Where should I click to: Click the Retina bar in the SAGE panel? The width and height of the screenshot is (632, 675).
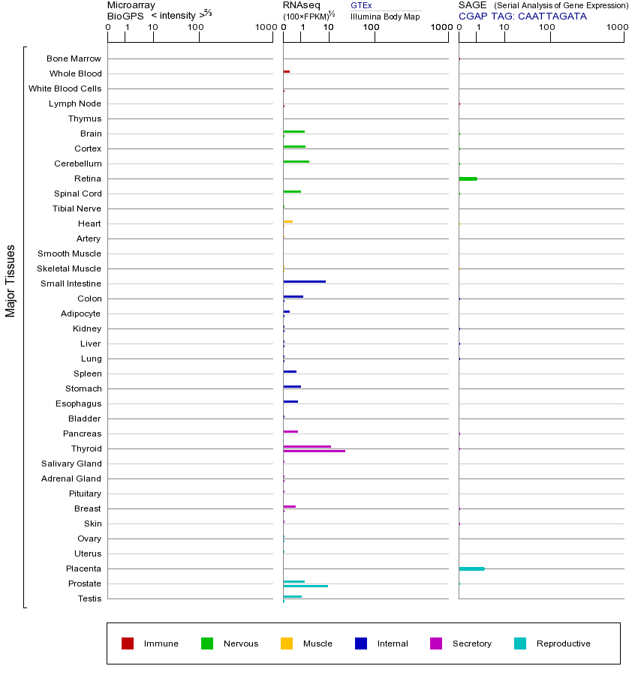[x=468, y=178]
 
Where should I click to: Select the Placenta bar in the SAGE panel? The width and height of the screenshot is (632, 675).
[x=471, y=568]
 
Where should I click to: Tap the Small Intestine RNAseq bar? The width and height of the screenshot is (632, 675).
[x=304, y=281]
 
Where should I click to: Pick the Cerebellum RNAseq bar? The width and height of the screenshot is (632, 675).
[x=296, y=161]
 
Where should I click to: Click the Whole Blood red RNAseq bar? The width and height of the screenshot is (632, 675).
[x=286, y=71]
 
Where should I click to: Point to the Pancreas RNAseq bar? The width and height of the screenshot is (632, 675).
[x=290, y=431]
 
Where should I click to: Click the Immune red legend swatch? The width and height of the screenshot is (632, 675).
[x=128, y=643]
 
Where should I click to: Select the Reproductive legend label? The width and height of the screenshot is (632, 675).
[x=563, y=643]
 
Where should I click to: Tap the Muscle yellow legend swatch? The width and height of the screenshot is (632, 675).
[x=287, y=643]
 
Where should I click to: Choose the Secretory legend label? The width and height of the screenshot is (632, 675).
[x=471, y=643]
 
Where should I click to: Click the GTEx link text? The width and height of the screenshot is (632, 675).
[x=361, y=5]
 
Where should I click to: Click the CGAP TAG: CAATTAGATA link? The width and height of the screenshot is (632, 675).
[x=522, y=16]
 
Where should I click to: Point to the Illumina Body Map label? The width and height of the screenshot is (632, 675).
[x=385, y=16]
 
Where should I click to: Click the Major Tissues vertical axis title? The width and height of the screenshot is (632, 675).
[x=11, y=280]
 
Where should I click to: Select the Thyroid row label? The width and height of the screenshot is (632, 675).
[x=87, y=448]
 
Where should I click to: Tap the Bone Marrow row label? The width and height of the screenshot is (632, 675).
[x=74, y=58]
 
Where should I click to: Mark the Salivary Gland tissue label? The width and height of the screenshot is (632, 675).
[x=71, y=463]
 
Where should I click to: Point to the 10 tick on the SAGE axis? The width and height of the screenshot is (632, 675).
[x=504, y=28]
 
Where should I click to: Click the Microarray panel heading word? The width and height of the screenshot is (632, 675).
[x=131, y=5]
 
